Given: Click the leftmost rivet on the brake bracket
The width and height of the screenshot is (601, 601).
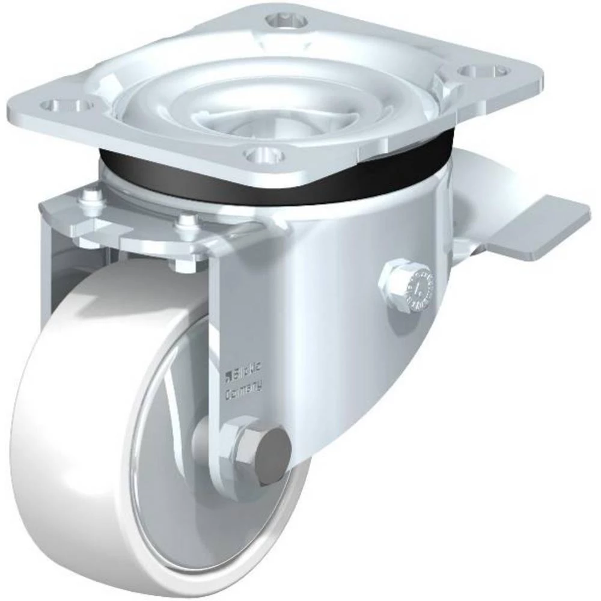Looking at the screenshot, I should click(x=90, y=196).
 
